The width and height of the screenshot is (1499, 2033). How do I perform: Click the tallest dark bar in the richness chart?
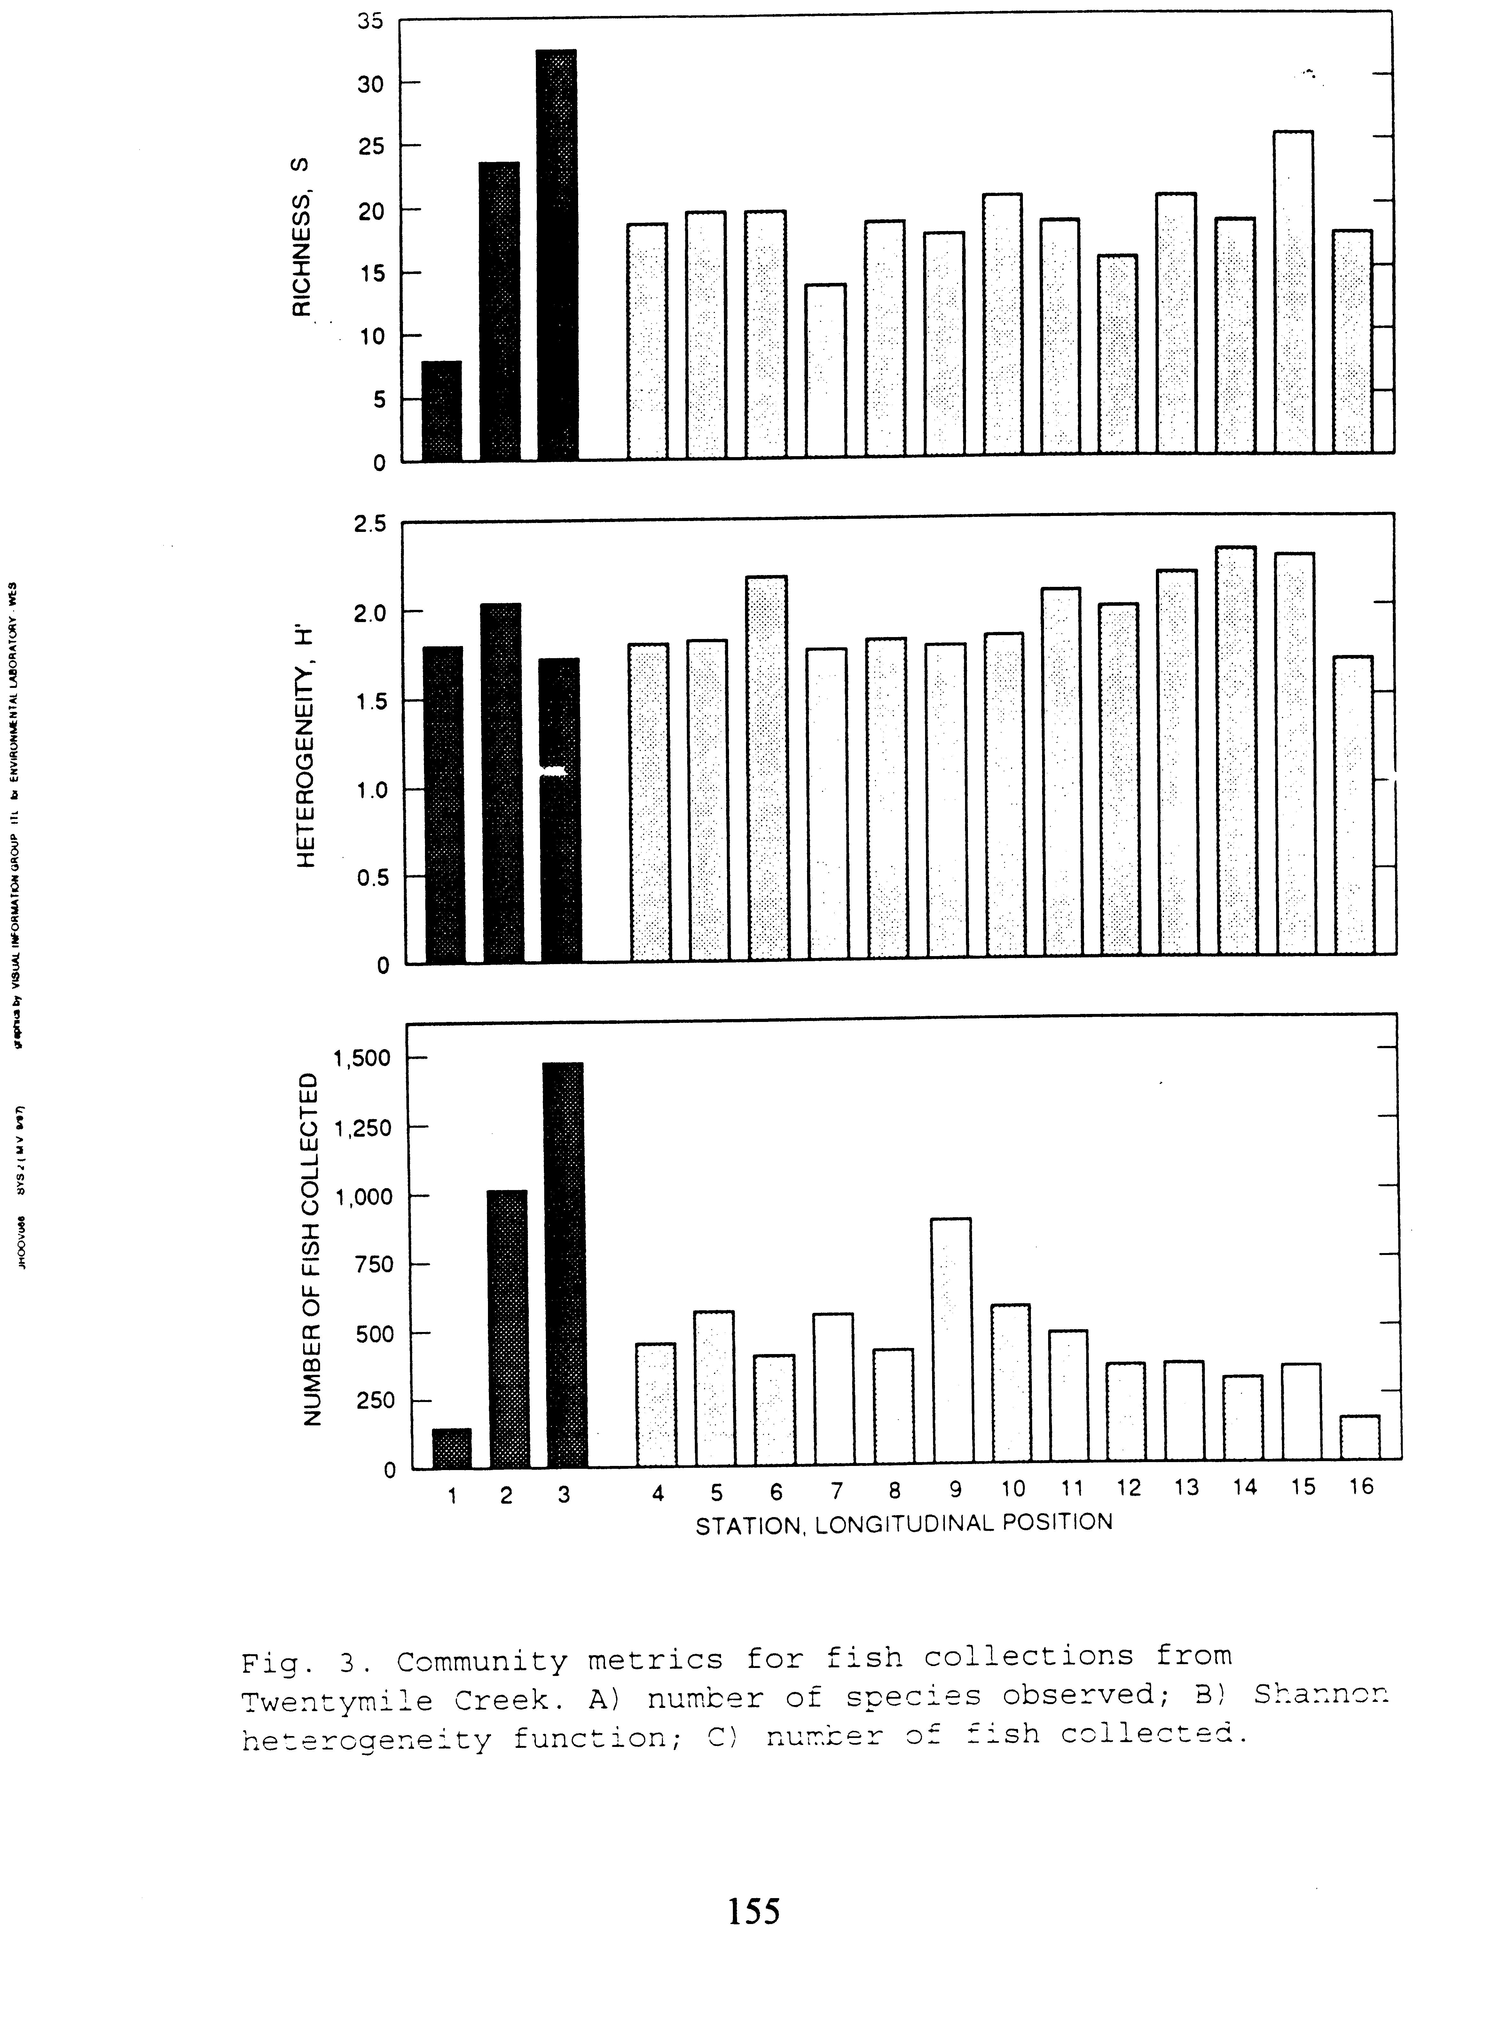tap(556, 254)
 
